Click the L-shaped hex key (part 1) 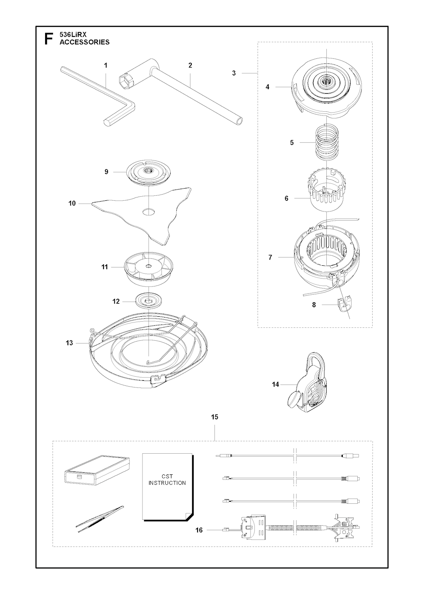(98, 98)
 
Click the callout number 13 (69, 343)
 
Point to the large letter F (48, 39)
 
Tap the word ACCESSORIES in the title (84, 42)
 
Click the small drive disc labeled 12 (149, 300)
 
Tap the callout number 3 (234, 73)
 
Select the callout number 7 (270, 257)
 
